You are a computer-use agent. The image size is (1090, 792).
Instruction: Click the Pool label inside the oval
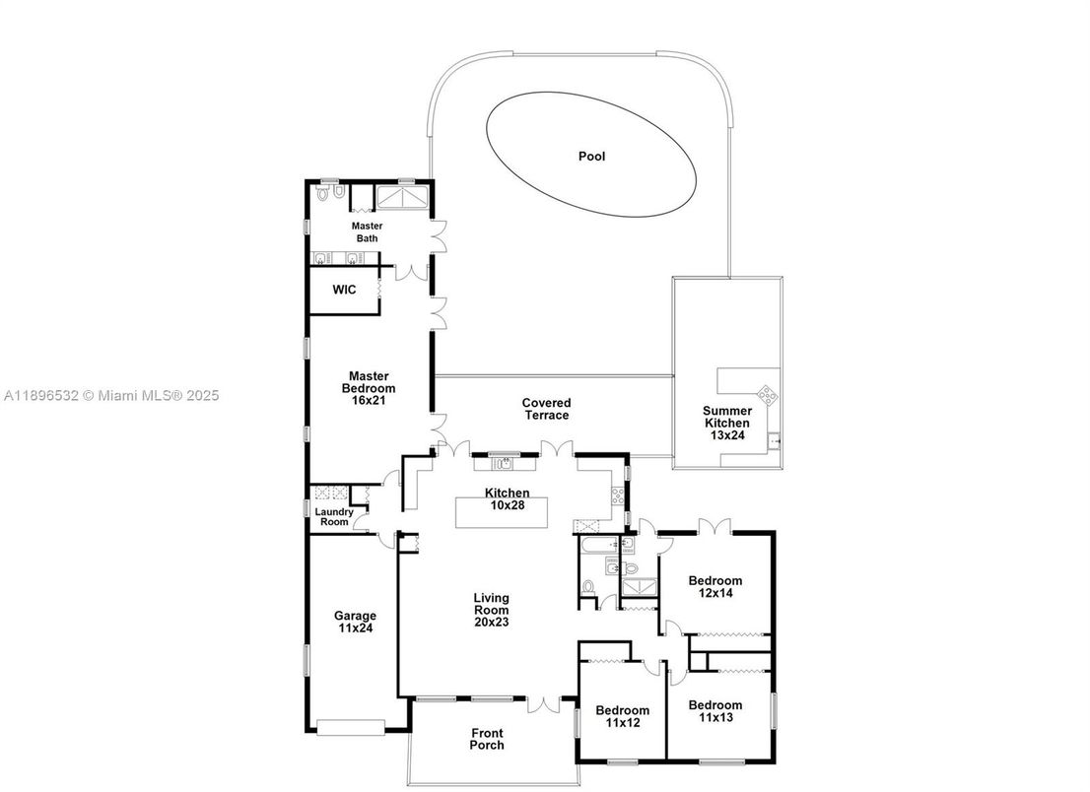(x=591, y=157)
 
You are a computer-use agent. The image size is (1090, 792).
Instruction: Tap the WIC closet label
(x=343, y=291)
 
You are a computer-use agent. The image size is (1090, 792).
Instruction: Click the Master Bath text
(x=367, y=231)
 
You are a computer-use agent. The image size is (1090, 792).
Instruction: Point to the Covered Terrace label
(x=546, y=409)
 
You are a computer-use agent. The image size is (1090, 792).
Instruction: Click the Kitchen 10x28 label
(x=507, y=498)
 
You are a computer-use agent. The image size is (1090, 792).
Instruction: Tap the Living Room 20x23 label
(x=491, y=609)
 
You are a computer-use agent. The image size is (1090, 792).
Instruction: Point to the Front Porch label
(x=487, y=739)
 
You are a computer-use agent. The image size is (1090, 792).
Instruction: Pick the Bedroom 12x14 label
(x=715, y=587)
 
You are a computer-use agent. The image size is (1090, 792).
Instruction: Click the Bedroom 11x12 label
(x=622, y=716)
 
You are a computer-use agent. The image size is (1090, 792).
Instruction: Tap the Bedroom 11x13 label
(x=715, y=711)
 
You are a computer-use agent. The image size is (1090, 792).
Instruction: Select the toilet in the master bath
(x=323, y=195)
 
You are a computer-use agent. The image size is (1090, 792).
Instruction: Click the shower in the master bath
(x=403, y=198)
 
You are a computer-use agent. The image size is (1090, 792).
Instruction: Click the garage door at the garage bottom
(x=351, y=727)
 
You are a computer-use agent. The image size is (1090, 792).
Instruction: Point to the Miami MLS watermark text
(x=110, y=396)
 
